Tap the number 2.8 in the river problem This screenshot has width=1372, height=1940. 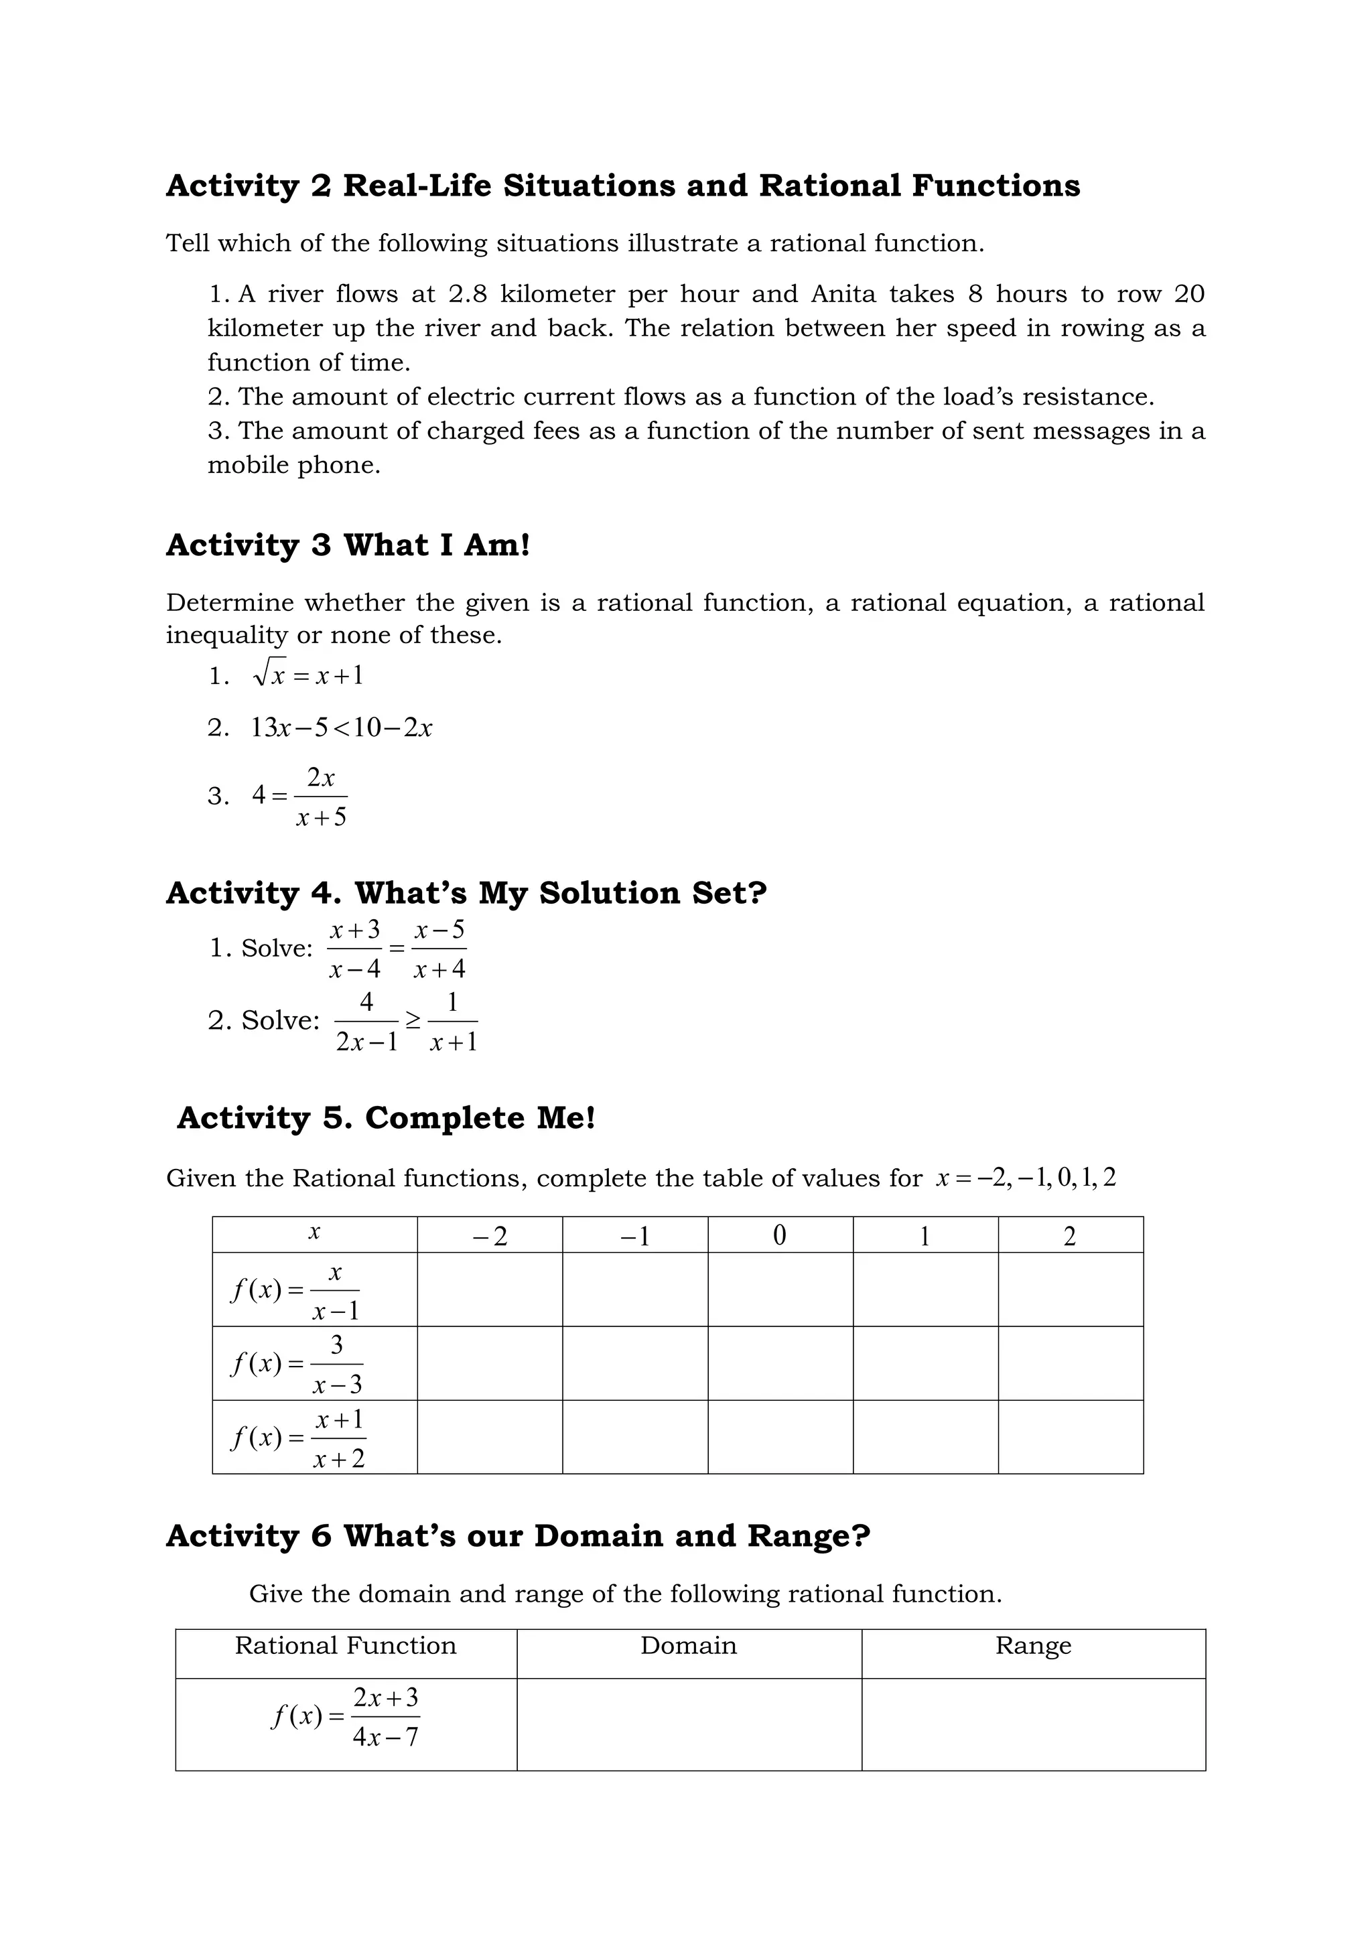(x=467, y=294)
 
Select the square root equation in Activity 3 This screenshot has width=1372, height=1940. (x=307, y=675)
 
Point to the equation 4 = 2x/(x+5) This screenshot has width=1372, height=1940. (x=300, y=796)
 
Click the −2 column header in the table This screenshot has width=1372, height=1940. (x=490, y=1236)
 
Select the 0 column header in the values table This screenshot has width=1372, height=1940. (x=780, y=1236)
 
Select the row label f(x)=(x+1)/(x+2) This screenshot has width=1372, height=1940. (x=297, y=1438)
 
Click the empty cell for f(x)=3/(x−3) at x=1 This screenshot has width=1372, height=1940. (x=925, y=1363)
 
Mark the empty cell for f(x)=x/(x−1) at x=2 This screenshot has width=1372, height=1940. (x=1071, y=1290)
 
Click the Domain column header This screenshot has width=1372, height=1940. (x=689, y=1645)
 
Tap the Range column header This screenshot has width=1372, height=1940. (x=1032, y=1645)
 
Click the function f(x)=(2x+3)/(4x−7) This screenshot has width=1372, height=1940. (x=346, y=1717)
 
